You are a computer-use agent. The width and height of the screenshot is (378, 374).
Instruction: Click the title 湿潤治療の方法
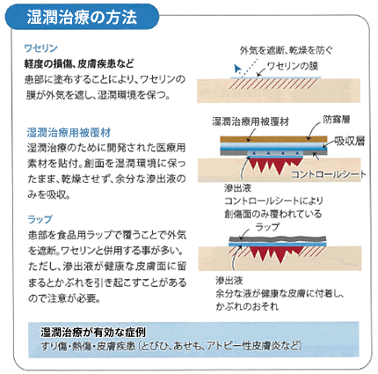click(x=82, y=17)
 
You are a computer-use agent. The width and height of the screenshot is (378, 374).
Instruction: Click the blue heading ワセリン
click(x=41, y=48)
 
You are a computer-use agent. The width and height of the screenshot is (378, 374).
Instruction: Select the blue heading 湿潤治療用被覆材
click(x=69, y=133)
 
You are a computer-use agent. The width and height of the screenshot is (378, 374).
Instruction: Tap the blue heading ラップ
click(x=40, y=219)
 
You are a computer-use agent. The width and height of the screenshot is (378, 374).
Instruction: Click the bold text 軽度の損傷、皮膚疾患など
click(x=79, y=63)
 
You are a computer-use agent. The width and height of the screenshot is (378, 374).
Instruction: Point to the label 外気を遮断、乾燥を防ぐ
click(x=287, y=50)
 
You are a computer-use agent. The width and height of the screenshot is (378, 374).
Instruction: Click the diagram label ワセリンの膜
click(x=293, y=66)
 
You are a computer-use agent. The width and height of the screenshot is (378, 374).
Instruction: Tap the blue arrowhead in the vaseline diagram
click(x=237, y=69)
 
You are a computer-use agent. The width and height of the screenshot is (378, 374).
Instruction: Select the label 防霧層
click(x=337, y=120)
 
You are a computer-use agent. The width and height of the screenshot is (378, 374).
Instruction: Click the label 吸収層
click(x=350, y=142)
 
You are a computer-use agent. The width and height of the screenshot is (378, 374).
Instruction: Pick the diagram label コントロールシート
click(x=329, y=174)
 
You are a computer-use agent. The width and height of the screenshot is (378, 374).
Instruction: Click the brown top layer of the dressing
click(x=273, y=139)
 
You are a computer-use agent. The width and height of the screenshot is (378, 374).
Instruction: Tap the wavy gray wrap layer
click(x=278, y=238)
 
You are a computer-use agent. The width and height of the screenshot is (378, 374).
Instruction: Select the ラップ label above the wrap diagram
click(x=267, y=227)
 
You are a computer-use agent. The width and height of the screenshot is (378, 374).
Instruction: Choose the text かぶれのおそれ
click(x=247, y=306)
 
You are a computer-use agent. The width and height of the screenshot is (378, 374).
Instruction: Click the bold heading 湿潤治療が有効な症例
click(x=93, y=333)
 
